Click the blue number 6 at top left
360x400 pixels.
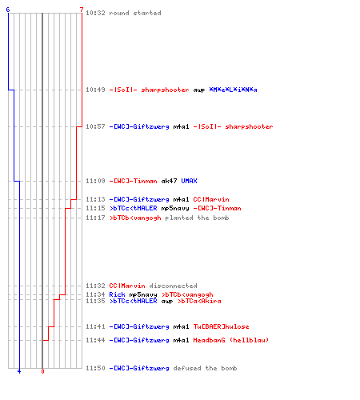(x=8, y=10)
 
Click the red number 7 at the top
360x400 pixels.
(x=82, y=10)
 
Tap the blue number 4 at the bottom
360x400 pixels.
(x=19, y=371)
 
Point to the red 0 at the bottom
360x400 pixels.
(x=42, y=371)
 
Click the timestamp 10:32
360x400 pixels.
(x=95, y=13)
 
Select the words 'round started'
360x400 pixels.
(x=135, y=13)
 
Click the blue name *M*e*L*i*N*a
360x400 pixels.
(x=233, y=90)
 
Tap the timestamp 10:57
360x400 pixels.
(x=95, y=126)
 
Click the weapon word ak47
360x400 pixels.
(x=169, y=181)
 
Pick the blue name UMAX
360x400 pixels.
(x=189, y=181)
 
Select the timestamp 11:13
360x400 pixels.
(x=95, y=199)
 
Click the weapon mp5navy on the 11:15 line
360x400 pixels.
(x=175, y=208)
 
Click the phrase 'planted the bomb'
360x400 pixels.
(x=197, y=218)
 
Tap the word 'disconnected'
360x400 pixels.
(x=173, y=286)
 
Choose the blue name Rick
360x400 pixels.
(x=117, y=294)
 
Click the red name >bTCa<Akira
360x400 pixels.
(x=199, y=301)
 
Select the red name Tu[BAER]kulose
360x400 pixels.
(x=221, y=326)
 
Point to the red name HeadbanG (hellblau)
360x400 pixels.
(x=231, y=340)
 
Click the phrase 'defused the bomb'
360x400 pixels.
(x=205, y=368)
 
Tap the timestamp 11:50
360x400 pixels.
(x=95, y=368)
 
